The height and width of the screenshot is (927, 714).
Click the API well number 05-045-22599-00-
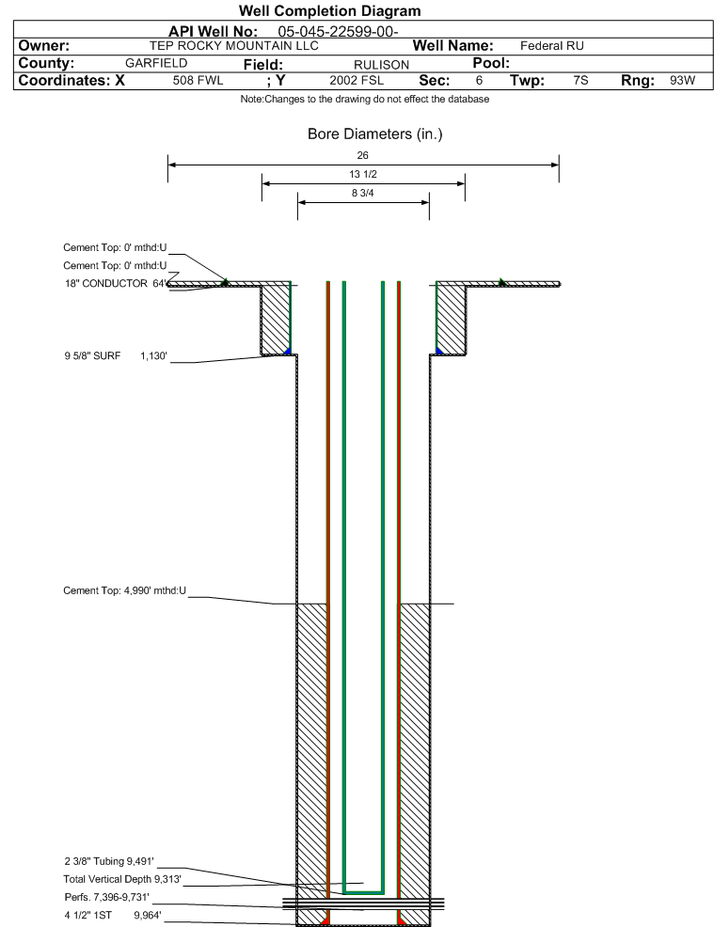(x=338, y=31)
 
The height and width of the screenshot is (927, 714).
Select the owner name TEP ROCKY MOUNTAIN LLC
(x=233, y=46)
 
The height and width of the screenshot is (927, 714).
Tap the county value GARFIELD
(x=156, y=63)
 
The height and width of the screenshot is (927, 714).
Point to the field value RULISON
(x=382, y=65)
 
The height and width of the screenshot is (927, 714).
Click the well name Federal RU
(x=552, y=46)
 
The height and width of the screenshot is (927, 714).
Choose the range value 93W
(x=682, y=81)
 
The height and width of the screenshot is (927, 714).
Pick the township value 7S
(x=580, y=81)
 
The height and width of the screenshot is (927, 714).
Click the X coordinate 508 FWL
(x=198, y=81)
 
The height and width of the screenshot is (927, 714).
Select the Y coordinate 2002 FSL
(x=357, y=81)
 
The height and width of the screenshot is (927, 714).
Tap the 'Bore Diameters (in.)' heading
(x=375, y=134)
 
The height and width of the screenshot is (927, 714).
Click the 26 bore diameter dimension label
(x=362, y=155)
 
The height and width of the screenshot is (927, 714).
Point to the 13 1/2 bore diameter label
(x=362, y=174)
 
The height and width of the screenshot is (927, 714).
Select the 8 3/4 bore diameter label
(x=362, y=193)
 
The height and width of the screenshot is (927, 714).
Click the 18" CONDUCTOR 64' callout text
(x=116, y=283)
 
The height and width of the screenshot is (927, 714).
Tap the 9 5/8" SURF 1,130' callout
(x=116, y=355)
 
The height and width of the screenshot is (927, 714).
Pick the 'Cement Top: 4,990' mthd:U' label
(x=124, y=590)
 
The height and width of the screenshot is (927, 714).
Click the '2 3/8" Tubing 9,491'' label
(x=109, y=861)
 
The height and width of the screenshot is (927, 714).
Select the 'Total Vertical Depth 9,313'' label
(x=122, y=879)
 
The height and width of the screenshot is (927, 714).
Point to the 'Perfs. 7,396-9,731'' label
(x=107, y=897)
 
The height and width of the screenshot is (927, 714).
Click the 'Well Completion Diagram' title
(x=329, y=10)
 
